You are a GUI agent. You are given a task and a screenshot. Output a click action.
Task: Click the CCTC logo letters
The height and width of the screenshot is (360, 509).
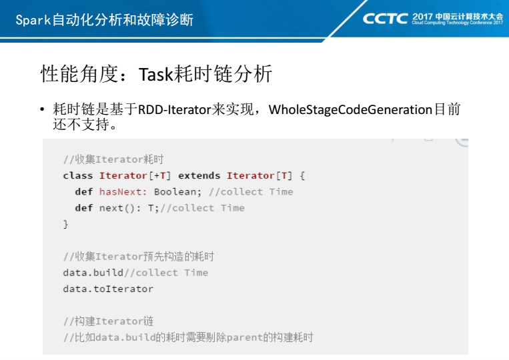coord(385,19)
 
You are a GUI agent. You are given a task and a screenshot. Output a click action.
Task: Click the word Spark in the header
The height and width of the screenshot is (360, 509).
coord(33,20)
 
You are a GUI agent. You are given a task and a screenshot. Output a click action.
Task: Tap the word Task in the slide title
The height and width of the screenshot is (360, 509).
coord(156,74)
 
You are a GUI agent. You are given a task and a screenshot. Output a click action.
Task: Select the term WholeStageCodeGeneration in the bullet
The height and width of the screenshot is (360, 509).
coord(350,109)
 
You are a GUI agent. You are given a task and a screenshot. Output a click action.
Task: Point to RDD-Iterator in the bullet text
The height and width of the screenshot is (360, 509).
coord(174,109)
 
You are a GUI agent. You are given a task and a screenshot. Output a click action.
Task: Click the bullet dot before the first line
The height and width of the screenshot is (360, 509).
coord(42,109)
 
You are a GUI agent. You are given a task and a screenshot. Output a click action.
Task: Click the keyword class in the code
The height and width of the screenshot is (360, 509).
coord(78,175)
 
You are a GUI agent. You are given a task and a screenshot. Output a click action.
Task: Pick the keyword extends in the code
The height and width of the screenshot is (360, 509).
coord(199,175)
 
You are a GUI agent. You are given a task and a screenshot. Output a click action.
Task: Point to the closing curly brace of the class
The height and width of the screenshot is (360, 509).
coord(65,224)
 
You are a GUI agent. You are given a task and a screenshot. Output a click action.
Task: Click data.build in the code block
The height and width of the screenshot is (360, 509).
coord(93,273)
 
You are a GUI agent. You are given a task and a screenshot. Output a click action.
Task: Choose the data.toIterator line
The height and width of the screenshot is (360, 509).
coord(108,289)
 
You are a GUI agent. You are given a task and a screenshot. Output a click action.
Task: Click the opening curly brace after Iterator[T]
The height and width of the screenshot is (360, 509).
coord(302,176)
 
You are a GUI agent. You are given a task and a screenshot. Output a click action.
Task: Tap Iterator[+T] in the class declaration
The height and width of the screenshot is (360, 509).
coord(135,175)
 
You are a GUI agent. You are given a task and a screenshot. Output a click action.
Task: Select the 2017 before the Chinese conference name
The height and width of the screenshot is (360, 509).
coord(422,17)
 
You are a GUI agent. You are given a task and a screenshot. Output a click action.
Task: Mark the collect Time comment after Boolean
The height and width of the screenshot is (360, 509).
coord(251,192)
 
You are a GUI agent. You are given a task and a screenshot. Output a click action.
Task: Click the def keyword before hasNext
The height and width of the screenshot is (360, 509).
coord(84,192)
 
